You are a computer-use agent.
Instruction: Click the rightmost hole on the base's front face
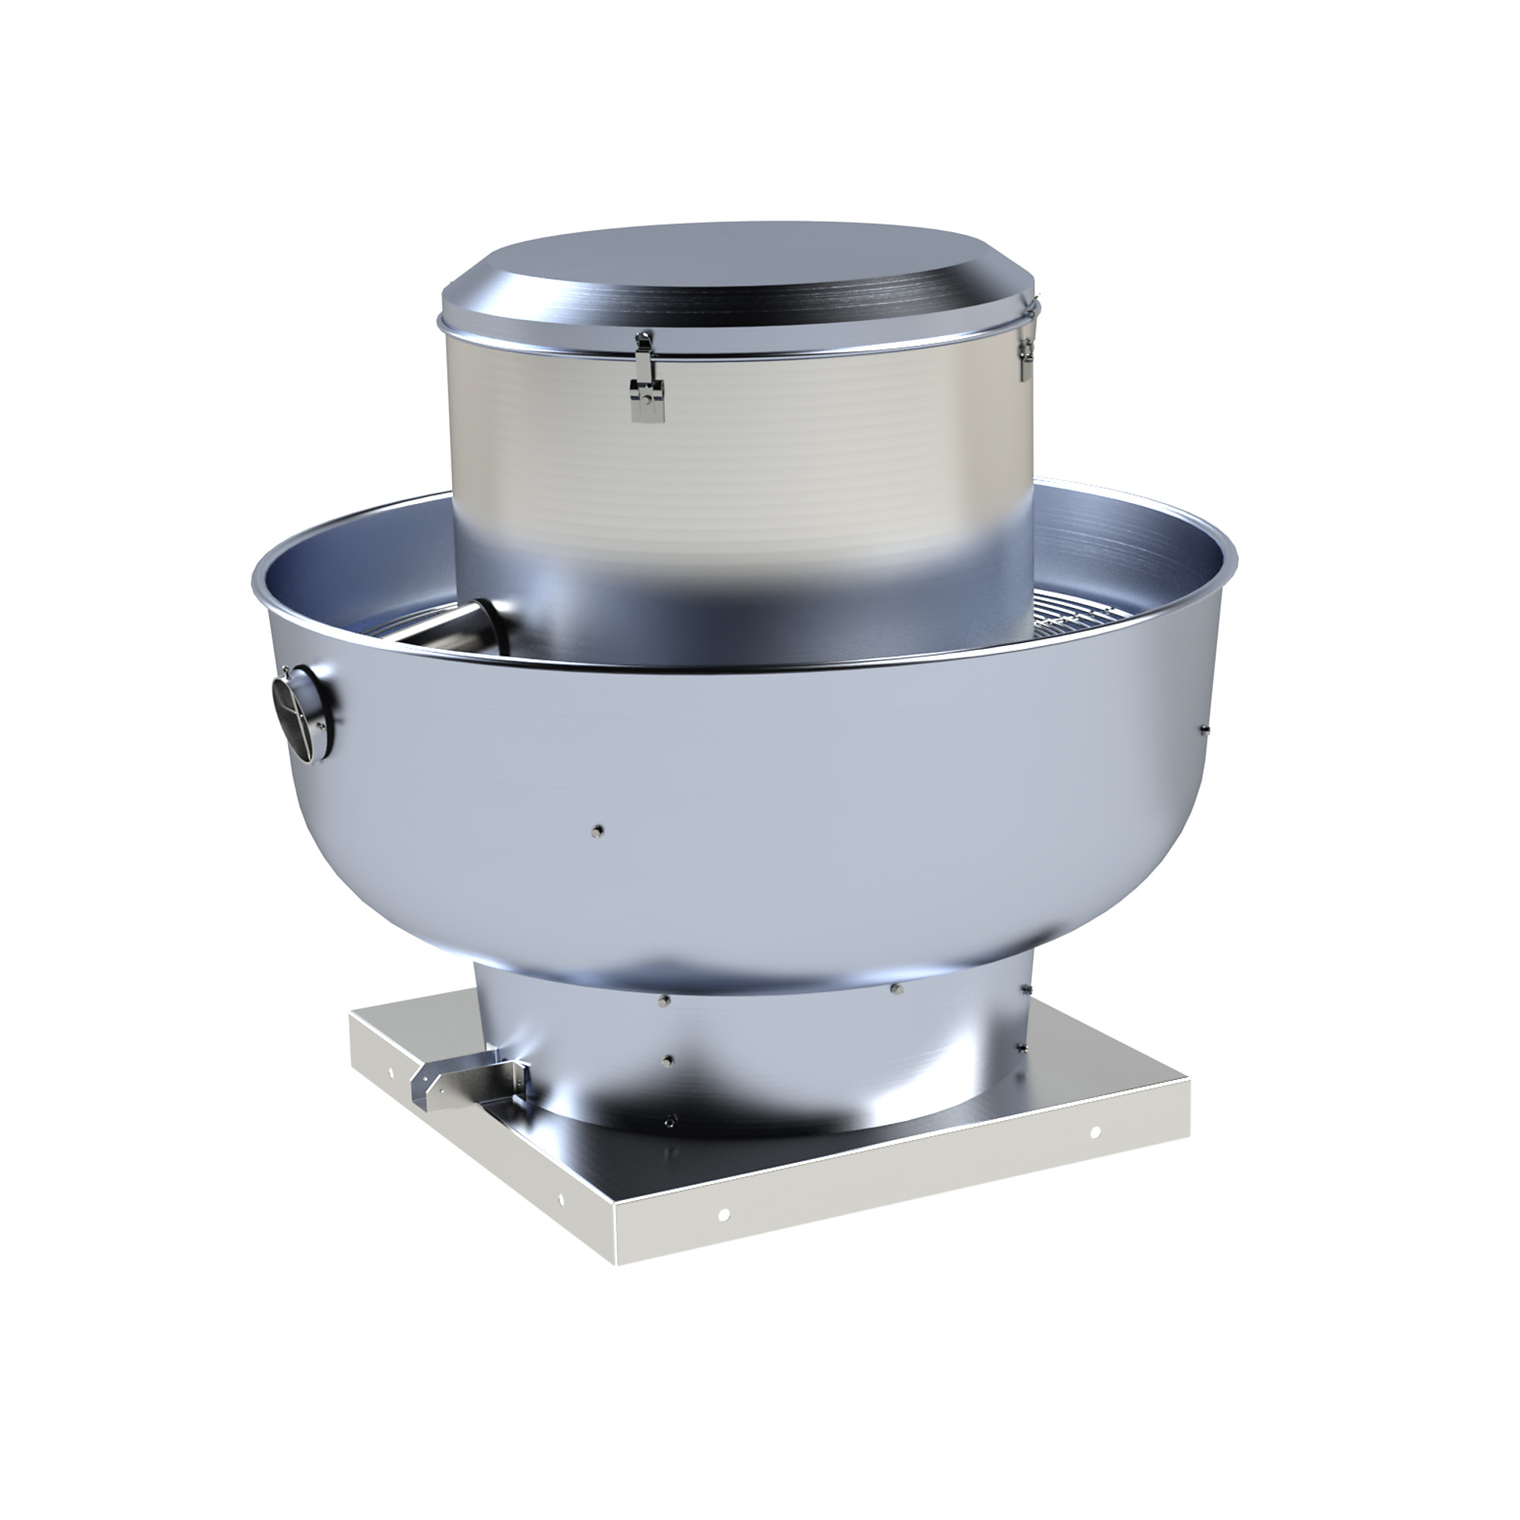coord(1094,1133)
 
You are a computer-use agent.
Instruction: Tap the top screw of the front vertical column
coord(665,1001)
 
